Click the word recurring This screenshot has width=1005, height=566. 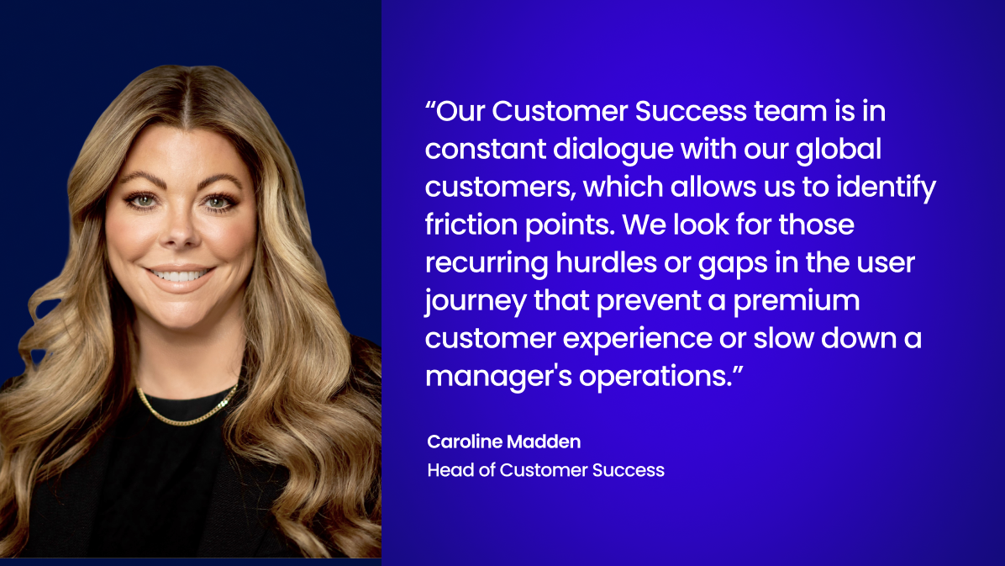point(486,262)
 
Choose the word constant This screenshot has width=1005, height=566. point(485,149)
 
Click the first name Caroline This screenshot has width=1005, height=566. point(464,442)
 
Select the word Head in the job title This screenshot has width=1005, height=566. point(447,470)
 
